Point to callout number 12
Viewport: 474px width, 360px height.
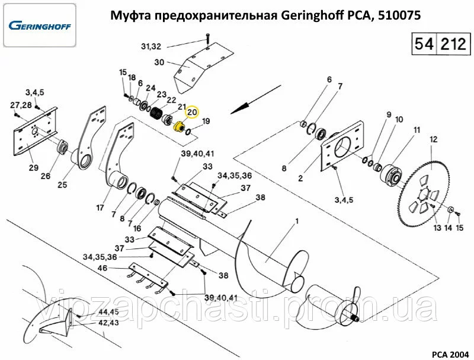(433, 140)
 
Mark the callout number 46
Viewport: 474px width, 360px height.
(103, 268)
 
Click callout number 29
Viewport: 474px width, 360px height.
(34, 168)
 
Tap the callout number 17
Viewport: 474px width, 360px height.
(100, 208)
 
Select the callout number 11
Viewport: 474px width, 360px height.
(417, 130)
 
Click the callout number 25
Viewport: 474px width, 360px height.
(62, 186)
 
